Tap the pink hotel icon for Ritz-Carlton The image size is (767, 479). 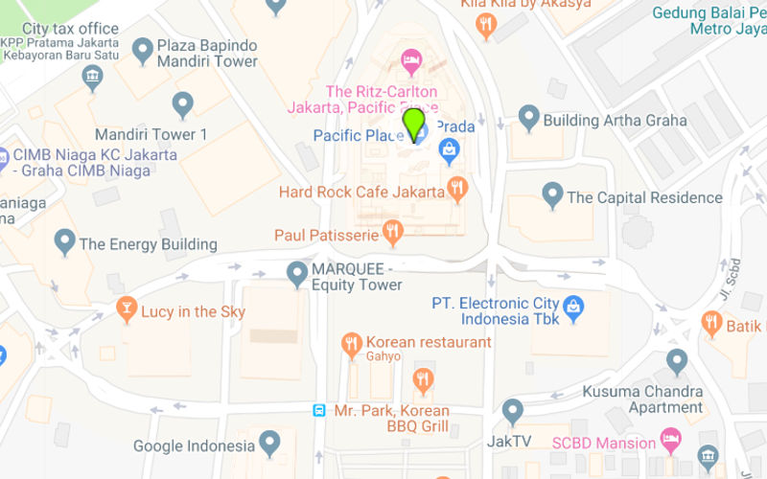pos(411,61)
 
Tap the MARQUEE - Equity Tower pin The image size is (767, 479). pos(297,273)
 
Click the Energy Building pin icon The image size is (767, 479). pos(64,240)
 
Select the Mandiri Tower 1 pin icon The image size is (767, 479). pos(182,103)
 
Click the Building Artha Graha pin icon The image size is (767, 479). pos(528,117)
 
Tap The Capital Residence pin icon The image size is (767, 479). pos(552,194)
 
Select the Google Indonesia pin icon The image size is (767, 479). pos(270,442)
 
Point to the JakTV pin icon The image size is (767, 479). pos(513,410)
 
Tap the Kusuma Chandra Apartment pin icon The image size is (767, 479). pos(678,361)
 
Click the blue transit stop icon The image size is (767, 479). pos(319,411)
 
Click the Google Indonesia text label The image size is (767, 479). pos(195,445)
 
